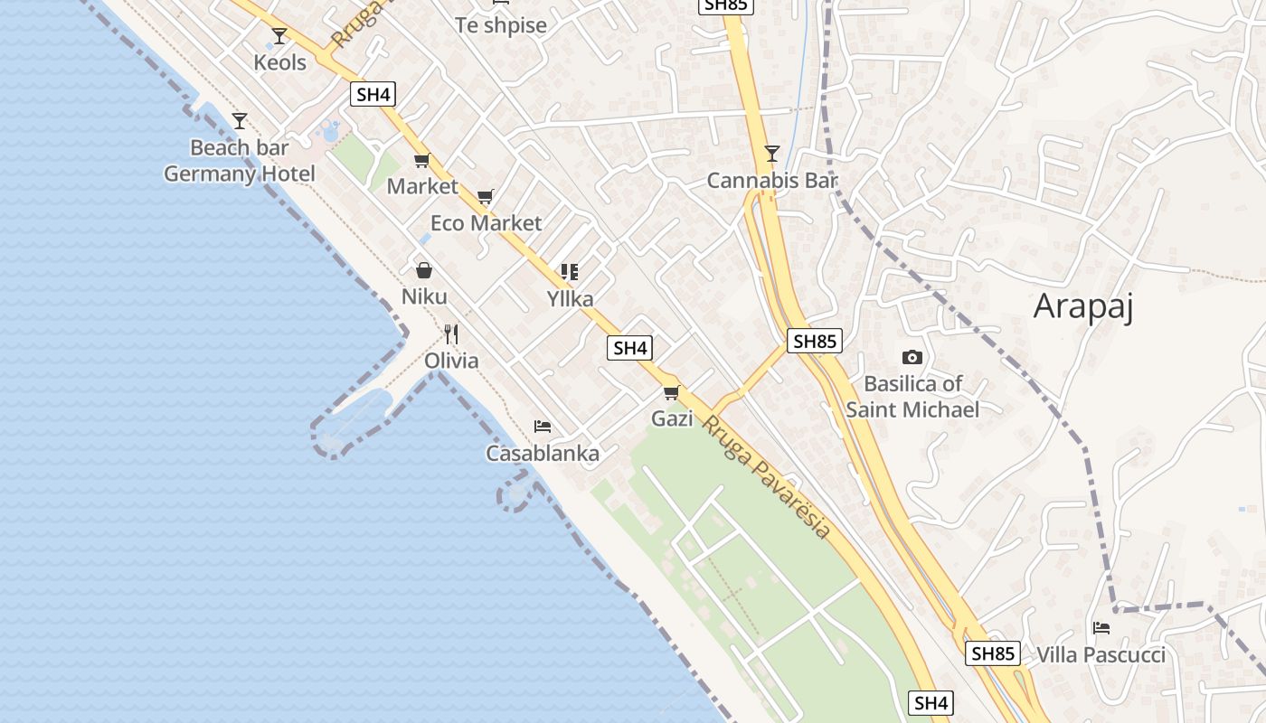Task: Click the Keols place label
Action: pos(279,62)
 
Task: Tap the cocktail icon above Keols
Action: pos(279,36)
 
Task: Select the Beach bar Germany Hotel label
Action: pos(240,161)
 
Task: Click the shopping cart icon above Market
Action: pos(421,161)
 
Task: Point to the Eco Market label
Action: pos(486,223)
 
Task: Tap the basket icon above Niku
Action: pos(423,270)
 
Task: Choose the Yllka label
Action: pos(570,297)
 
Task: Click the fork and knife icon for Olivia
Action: pos(451,334)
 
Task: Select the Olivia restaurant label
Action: pos(451,361)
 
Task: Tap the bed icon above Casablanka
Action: pos(543,427)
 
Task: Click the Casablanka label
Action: pos(543,454)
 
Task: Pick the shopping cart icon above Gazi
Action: pos(671,392)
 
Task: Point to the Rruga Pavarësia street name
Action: pos(767,477)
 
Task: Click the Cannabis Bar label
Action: pos(772,181)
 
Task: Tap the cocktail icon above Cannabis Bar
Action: pos(771,154)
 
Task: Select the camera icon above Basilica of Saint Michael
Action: pos(912,357)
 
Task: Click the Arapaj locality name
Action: pos(1083,306)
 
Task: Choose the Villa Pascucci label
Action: pos(1101,654)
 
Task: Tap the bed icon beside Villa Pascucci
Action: pos(1101,627)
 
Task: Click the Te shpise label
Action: pos(501,25)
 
